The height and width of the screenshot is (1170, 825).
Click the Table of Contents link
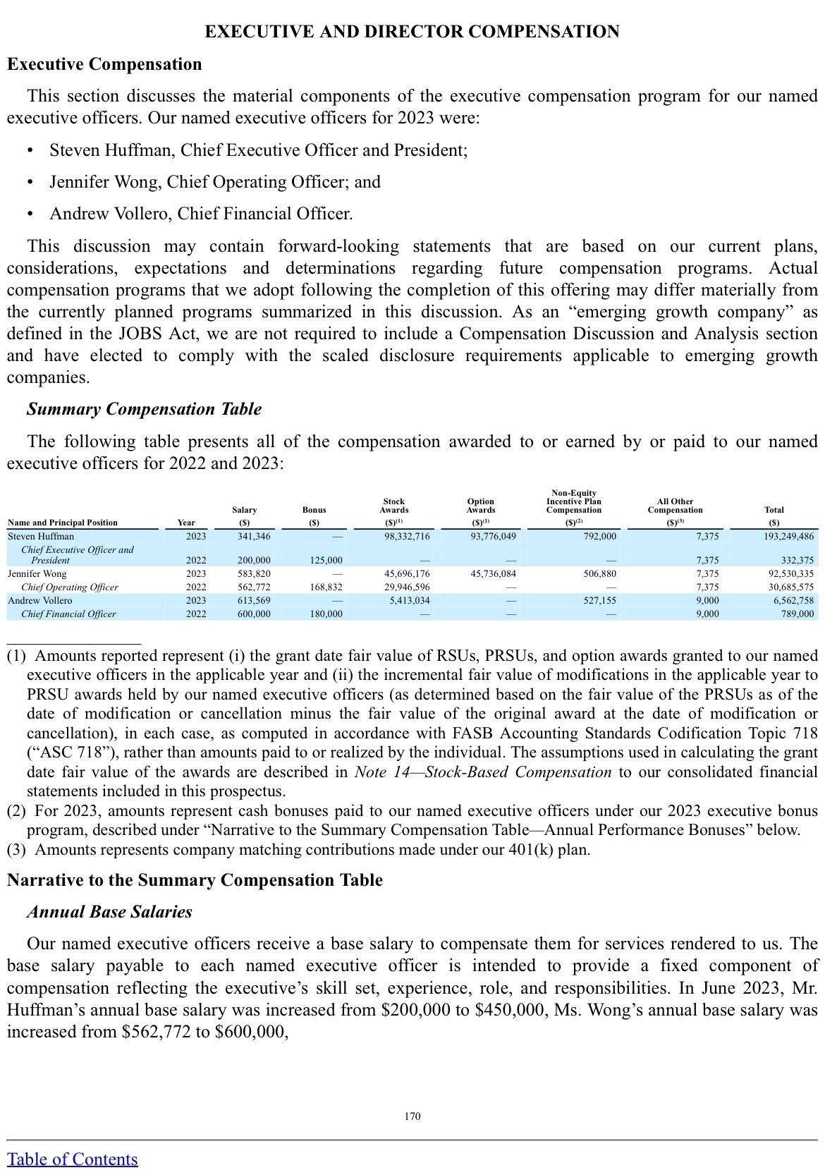coord(73,1159)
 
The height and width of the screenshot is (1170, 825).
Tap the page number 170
coord(412,1116)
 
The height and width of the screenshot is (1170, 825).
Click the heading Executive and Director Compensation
coord(412,32)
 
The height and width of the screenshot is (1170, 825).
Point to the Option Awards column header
coord(481,506)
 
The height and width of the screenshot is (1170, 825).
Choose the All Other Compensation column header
coord(675,506)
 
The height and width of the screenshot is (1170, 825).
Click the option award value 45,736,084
coord(493,574)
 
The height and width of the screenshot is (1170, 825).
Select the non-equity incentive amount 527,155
coord(600,601)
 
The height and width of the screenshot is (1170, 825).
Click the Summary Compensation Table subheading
coord(144,409)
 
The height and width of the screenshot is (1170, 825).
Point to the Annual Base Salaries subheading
coord(109,912)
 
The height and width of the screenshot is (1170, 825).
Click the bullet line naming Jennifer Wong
coord(215,182)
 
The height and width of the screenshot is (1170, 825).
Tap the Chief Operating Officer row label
coord(70,587)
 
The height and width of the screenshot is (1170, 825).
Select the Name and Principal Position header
coord(63,523)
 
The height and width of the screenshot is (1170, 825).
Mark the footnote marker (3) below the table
coord(16,849)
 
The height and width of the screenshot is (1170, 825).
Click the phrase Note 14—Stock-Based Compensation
coord(483,772)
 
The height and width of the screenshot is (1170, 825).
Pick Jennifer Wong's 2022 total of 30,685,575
coord(790,587)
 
